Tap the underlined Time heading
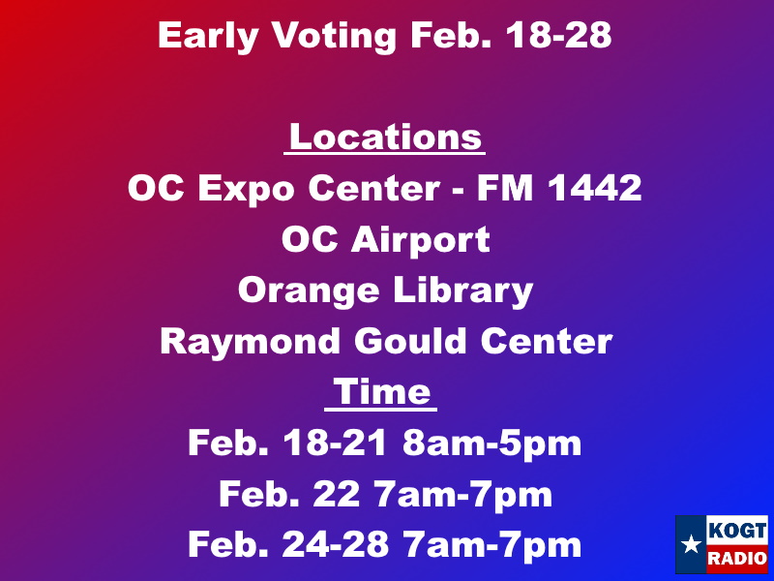click(381, 393)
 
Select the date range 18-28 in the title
click(559, 36)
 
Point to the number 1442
click(595, 188)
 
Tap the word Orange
click(309, 292)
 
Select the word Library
click(463, 292)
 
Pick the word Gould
click(410, 341)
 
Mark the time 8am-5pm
click(491, 444)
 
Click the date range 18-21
click(334, 443)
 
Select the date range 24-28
click(335, 544)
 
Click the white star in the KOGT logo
click(691, 544)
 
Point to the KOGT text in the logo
click(737, 531)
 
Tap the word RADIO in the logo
click(737, 559)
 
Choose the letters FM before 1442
click(504, 188)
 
